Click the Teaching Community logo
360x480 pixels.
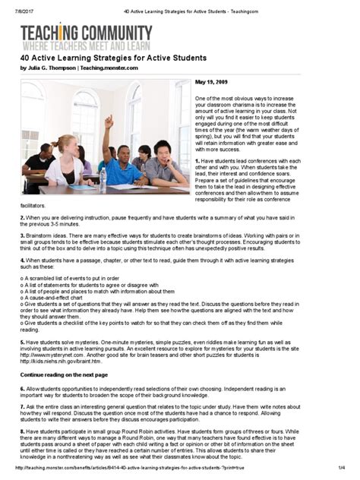86,35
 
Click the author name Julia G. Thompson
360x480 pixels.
55,68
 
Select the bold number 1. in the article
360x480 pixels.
197,161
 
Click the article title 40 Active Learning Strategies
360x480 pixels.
113,58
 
